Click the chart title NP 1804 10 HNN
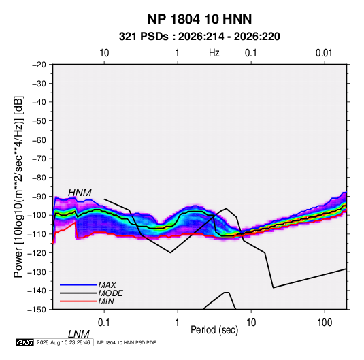coord(199,19)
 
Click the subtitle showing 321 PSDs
coord(199,37)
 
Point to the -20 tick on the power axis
coord(39,65)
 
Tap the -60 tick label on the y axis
coord(39,140)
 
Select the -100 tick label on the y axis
coord(37,215)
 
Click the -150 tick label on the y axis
coord(37,310)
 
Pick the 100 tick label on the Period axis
coord(325,323)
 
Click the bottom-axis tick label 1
coord(177,323)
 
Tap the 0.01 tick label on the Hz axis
coord(324,53)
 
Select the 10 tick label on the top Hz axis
coord(104,53)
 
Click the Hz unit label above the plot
coord(214,53)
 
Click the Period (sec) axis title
coord(214,330)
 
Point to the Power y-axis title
coord(18,187)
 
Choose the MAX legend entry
coord(107,285)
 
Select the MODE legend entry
coord(110,293)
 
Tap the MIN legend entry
coord(106,301)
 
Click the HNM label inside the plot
coord(80,193)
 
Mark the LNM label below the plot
coord(79,334)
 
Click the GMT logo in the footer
coord(25,342)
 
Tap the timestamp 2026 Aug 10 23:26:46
coord(63,342)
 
